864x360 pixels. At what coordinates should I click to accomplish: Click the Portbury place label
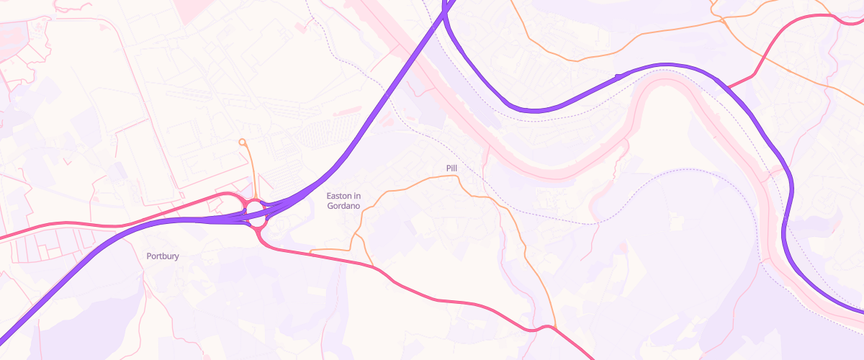[162, 256]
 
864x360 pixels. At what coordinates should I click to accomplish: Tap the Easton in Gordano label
[343, 201]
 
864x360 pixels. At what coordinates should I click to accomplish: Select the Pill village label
[451, 168]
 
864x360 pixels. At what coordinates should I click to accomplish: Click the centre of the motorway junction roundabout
[255, 210]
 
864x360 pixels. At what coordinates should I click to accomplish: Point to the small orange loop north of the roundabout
[243, 142]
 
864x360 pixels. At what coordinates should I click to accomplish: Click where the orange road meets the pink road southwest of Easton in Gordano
[311, 252]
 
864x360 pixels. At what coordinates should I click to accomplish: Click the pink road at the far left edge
[4, 236]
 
